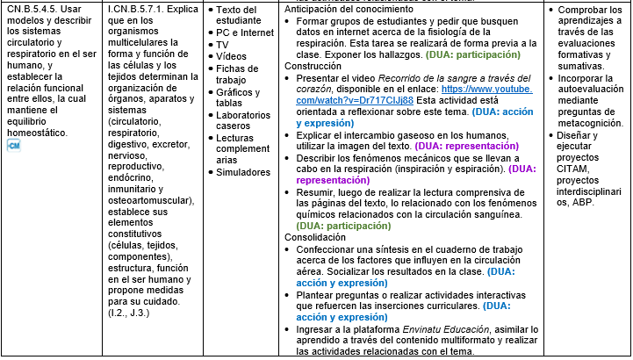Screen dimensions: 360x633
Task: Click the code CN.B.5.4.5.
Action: [33, 9]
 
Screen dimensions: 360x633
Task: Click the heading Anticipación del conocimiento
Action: [349, 8]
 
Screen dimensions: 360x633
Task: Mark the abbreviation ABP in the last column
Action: [579, 202]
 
